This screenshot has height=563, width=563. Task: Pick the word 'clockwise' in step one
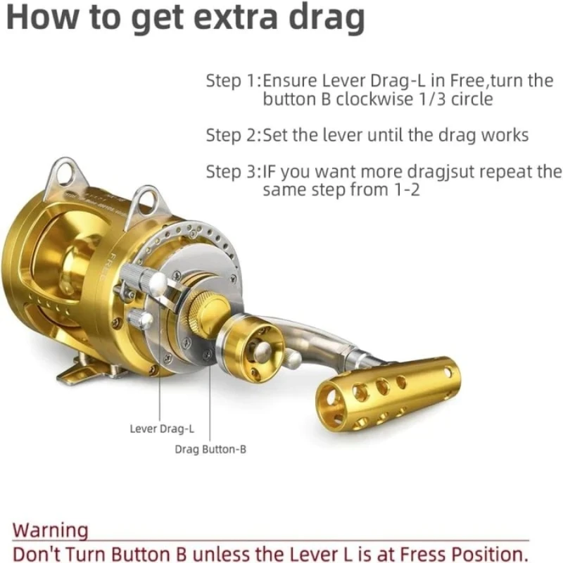pyautogui.click(x=374, y=99)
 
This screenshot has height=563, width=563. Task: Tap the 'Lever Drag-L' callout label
pyautogui.click(x=162, y=429)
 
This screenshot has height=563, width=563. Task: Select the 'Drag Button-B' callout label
pyautogui.click(x=210, y=450)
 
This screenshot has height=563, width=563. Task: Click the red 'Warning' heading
pyautogui.click(x=50, y=531)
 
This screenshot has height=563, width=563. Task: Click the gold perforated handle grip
pyautogui.click(x=388, y=393)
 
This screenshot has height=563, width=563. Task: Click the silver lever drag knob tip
pyautogui.click(x=157, y=283)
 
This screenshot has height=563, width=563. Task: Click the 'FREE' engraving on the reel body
pyautogui.click(x=106, y=267)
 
